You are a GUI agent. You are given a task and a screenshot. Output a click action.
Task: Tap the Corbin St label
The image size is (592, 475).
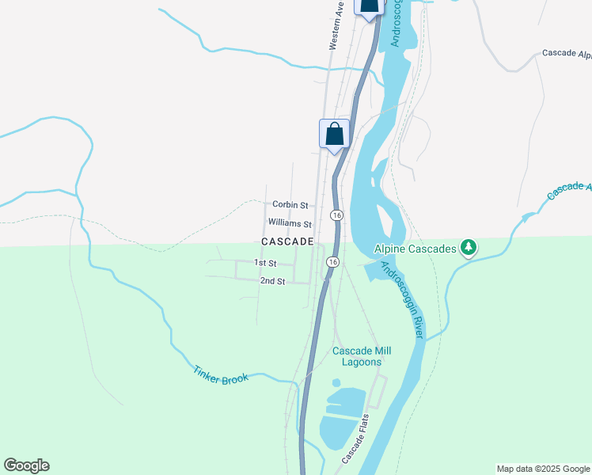287,204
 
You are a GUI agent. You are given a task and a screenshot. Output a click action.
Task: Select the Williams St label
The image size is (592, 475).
290,224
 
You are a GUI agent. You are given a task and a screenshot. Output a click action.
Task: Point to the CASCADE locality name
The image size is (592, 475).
287,241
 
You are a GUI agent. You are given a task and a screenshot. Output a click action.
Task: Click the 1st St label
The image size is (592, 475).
264,263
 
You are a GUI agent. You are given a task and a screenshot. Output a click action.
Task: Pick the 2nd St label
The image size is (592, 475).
271,281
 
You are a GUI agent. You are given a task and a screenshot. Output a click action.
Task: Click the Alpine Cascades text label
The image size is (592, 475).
416,249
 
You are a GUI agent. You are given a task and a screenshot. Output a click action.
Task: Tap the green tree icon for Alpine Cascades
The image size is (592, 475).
469,249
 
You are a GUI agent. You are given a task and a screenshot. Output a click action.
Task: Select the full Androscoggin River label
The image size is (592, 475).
402,301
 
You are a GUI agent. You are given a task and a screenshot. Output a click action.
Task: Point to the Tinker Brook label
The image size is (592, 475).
221,373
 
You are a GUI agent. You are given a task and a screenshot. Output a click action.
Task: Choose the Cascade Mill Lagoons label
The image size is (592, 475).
362,356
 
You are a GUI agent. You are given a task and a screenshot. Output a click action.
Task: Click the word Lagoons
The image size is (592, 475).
362,362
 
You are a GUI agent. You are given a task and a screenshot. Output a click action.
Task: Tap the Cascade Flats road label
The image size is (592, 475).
356,438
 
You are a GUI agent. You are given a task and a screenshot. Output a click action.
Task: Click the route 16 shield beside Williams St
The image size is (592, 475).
336,215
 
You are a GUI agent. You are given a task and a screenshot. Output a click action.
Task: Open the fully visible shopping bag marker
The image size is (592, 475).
334,134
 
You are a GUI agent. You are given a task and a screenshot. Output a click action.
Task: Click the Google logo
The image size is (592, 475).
26,465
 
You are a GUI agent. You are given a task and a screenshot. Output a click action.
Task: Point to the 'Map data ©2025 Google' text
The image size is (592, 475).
543,469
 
